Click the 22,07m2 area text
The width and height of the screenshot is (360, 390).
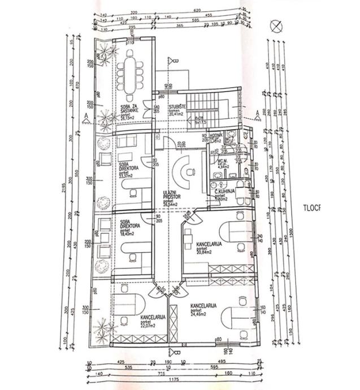coord(148,326)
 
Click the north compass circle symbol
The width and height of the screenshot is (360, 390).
coord(275,25)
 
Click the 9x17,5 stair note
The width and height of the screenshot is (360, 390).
coord(199,122)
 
